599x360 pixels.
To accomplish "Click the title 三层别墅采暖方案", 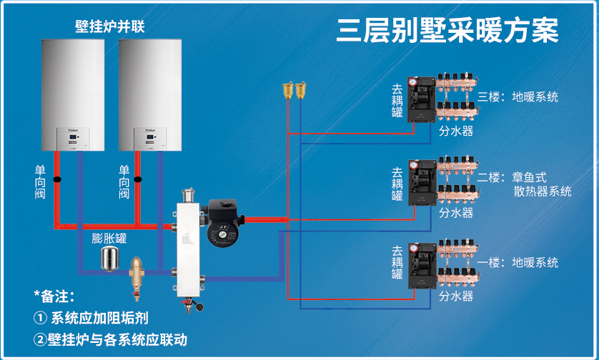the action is [447, 30].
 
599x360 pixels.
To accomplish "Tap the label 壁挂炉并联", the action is [109, 26].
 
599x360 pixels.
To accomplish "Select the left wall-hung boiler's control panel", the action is [73, 139].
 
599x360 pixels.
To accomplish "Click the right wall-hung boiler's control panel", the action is [150, 139].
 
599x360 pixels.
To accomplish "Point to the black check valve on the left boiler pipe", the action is [57, 179].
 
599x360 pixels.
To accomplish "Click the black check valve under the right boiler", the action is [138, 179].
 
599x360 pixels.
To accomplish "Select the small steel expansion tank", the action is [109, 259].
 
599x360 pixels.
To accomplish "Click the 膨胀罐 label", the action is [109, 239].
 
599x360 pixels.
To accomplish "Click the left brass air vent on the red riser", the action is [288, 90].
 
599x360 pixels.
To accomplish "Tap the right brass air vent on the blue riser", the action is [301, 90].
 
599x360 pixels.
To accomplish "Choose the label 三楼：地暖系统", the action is [518, 97].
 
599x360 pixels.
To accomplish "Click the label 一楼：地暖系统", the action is [518, 263].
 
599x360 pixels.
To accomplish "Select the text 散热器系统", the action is [543, 191].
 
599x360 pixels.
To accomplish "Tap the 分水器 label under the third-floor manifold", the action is [456, 131].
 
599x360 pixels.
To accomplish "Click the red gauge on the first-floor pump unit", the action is [413, 249].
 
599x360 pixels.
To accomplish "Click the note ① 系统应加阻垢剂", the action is [91, 318].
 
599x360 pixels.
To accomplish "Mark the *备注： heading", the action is [54, 296].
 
